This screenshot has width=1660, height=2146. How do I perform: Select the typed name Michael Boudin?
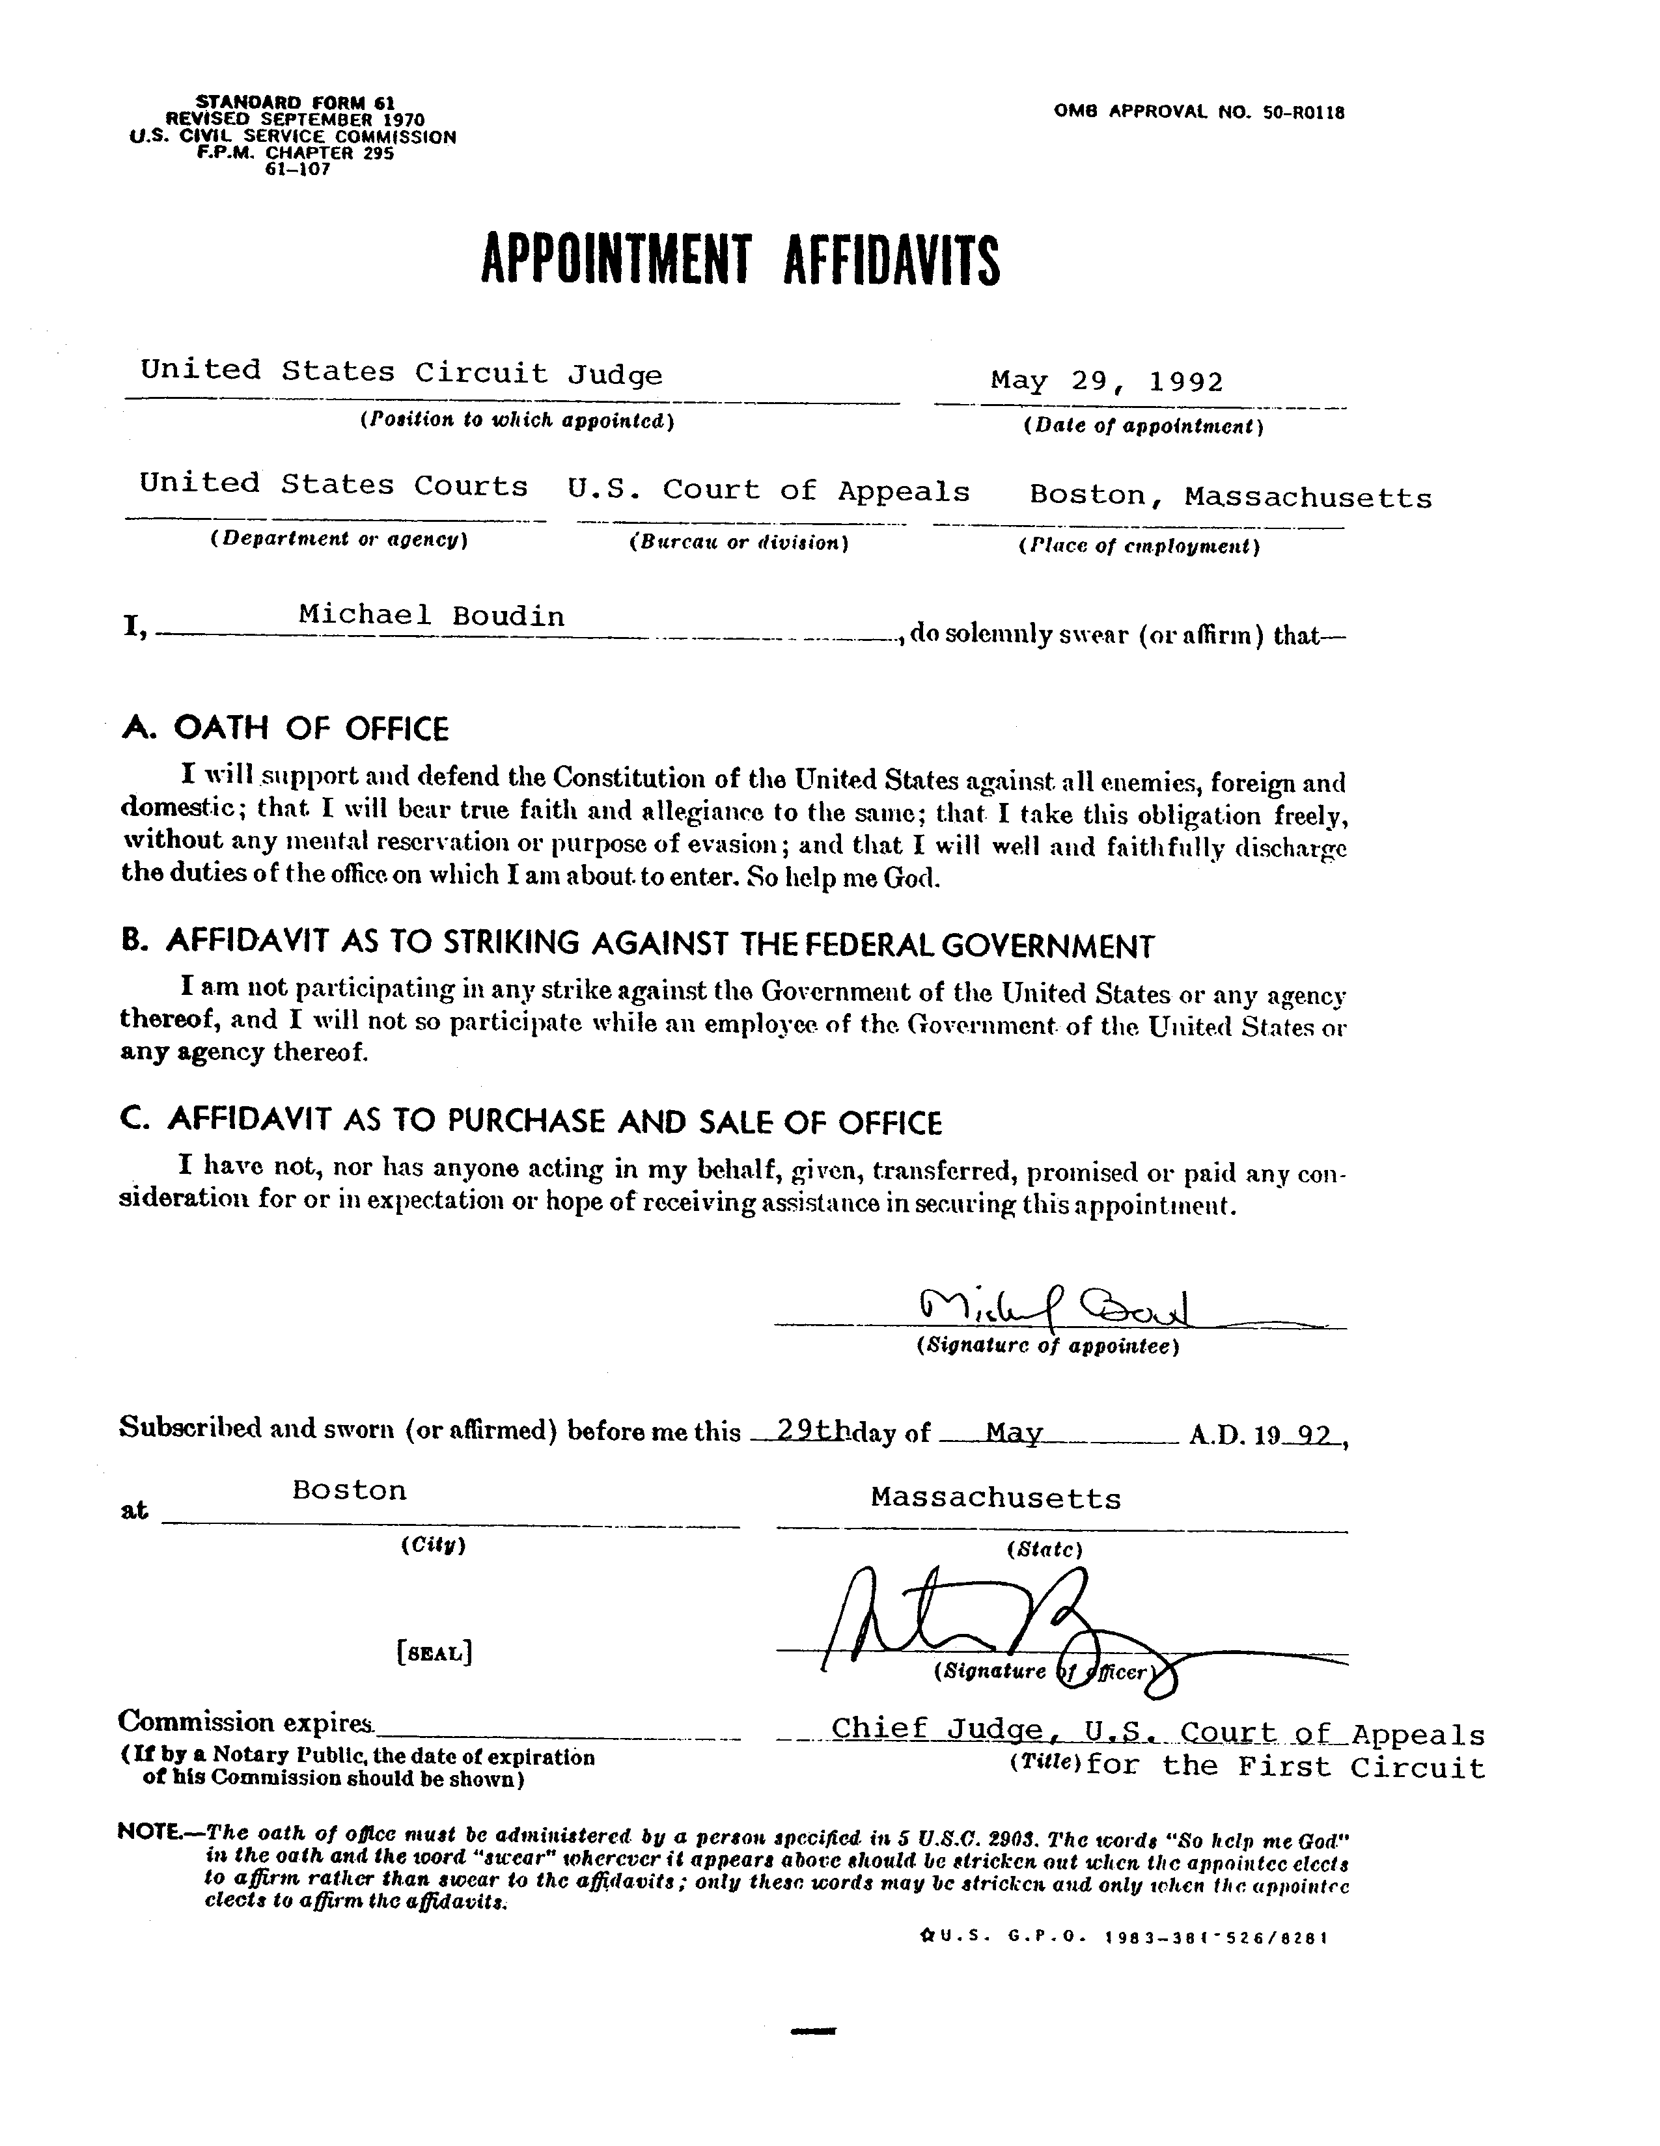click(x=432, y=616)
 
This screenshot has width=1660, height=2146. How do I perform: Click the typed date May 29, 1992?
click(x=1107, y=381)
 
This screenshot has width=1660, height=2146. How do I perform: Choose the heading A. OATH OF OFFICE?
click(x=285, y=728)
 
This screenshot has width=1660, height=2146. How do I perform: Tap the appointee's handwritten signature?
click(x=1053, y=1306)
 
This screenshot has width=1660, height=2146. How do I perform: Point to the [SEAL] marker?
click(x=434, y=1653)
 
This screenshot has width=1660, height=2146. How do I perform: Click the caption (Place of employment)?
click(x=1139, y=547)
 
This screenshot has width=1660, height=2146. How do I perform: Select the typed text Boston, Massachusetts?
click(x=1230, y=496)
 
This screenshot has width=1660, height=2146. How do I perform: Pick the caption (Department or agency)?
click(x=338, y=539)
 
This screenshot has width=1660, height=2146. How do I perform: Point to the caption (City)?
click(x=432, y=1545)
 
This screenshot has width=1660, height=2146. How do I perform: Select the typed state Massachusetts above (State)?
click(x=995, y=1499)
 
